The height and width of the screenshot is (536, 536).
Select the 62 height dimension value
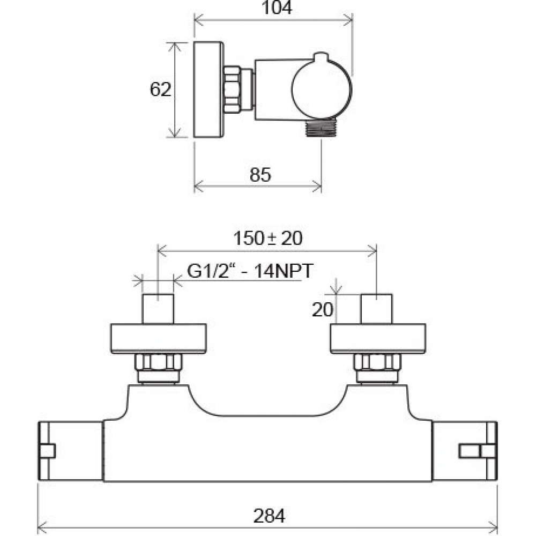pyautogui.click(x=160, y=90)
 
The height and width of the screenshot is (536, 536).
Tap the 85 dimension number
pyautogui.click(x=260, y=175)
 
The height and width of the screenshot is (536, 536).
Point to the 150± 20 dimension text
pyautogui.click(x=267, y=238)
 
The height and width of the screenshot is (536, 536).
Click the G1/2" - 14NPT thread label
pyautogui.click(x=249, y=271)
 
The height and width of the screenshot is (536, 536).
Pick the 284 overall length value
pyautogui.click(x=269, y=516)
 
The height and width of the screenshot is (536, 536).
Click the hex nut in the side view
pyautogui.click(x=233, y=89)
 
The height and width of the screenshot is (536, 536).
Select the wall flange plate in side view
pyautogui.click(x=207, y=90)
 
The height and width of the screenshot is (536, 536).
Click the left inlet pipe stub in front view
pyautogui.click(x=158, y=309)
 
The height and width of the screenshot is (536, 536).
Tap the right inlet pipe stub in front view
pyautogui.click(x=377, y=309)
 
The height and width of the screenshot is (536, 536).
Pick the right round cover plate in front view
pyautogui.click(x=377, y=339)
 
